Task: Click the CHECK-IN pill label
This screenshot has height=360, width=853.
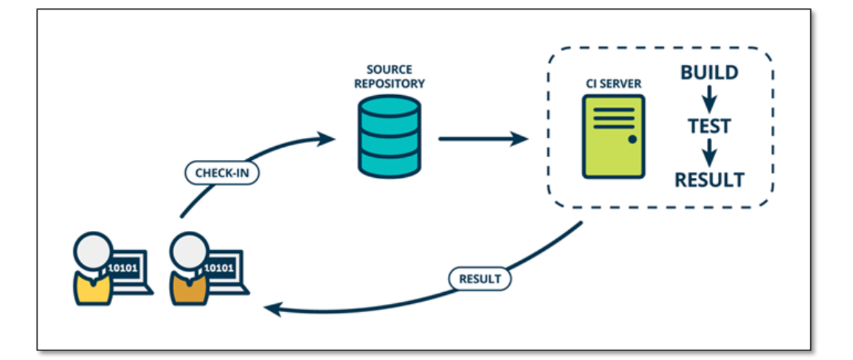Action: (x=222, y=173)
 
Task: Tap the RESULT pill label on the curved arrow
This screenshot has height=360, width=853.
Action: (x=480, y=279)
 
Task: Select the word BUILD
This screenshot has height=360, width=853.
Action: (x=709, y=73)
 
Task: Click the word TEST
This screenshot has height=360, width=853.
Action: (x=709, y=126)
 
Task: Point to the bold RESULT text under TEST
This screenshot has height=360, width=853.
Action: (x=709, y=179)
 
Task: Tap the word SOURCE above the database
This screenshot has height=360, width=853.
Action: (x=390, y=70)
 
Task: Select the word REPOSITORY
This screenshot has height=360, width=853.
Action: (x=390, y=84)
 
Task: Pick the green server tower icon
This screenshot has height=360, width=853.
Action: (x=613, y=136)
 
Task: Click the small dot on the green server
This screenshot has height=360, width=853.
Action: (x=632, y=139)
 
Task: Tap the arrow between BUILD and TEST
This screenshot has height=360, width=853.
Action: (x=708, y=99)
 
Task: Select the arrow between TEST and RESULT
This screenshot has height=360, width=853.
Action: (x=708, y=153)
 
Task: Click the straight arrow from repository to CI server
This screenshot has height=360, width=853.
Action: (x=483, y=139)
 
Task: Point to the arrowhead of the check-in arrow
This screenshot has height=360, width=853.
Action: (x=325, y=139)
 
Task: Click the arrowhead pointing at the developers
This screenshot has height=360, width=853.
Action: (x=272, y=309)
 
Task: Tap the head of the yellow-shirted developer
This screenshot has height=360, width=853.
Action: (x=94, y=252)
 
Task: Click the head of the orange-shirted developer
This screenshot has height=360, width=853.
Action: (x=190, y=252)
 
